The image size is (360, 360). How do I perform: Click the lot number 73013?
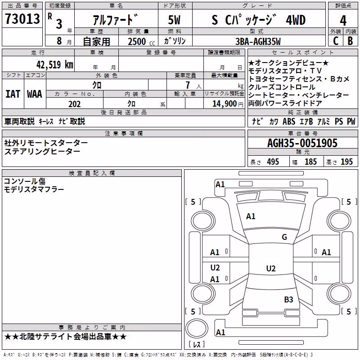(22, 18)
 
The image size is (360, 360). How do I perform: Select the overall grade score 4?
(343, 21)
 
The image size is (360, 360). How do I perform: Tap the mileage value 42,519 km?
(54, 65)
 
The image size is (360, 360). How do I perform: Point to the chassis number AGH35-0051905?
(302, 143)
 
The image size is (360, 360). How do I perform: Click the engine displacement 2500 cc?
(141, 41)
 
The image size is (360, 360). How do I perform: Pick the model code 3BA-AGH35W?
(258, 41)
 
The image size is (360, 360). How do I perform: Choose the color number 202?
(74, 104)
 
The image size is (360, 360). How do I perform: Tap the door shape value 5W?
(174, 20)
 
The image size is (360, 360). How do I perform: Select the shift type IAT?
(13, 94)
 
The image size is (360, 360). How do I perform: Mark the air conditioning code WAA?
(35, 94)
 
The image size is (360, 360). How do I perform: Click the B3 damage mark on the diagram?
(288, 299)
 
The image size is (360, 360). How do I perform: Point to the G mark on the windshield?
(284, 237)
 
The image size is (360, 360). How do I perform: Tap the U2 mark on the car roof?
(271, 268)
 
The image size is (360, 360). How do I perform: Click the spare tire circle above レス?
(197, 328)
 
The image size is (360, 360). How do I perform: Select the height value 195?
(346, 162)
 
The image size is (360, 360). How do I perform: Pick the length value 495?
(273, 162)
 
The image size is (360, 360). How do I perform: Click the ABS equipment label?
(289, 121)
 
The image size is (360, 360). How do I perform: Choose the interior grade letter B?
(350, 41)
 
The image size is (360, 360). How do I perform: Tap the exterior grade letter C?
(336, 41)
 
